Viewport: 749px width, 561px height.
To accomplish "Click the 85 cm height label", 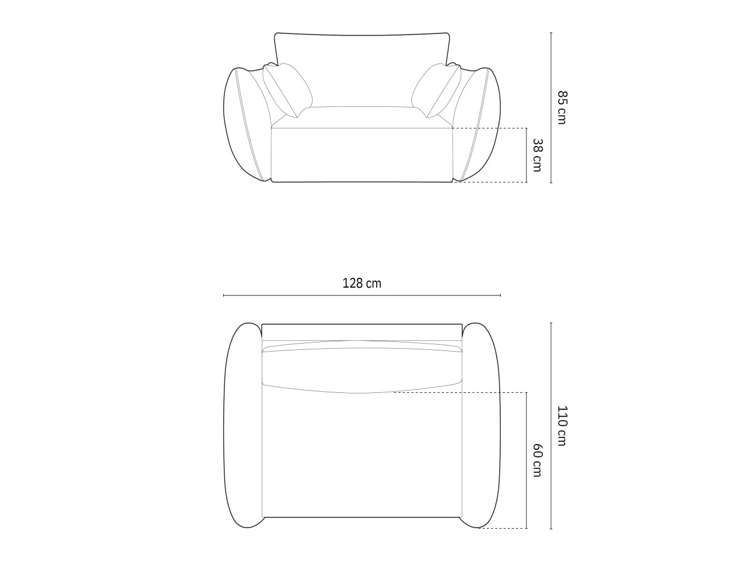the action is pos(561,108).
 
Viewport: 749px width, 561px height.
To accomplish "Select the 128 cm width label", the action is pos(361,283).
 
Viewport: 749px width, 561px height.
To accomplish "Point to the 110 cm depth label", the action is pos(561,426).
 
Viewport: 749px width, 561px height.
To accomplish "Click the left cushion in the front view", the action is pos(287,91).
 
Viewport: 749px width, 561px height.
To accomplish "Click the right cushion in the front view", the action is pos(436,91).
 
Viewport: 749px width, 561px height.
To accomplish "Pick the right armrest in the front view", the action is pos(477,125).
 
